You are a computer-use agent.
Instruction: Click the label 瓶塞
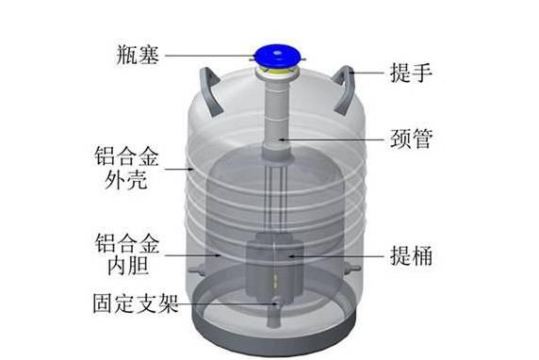click(138, 55)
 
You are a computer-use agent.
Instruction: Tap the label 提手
click(411, 73)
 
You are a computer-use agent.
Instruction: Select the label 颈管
click(411, 139)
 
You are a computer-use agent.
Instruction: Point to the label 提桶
click(411, 255)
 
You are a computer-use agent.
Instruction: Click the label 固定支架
click(136, 303)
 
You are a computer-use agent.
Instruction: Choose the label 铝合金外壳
click(126, 168)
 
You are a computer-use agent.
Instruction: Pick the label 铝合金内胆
click(127, 254)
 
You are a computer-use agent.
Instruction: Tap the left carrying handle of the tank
click(211, 90)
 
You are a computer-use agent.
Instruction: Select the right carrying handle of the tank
click(344, 90)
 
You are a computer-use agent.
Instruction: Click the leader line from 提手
click(367, 73)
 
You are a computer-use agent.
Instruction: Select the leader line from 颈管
click(332, 139)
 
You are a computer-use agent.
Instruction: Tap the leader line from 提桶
click(337, 256)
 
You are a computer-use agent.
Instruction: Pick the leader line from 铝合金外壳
click(179, 169)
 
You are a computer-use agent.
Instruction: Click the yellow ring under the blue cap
click(277, 72)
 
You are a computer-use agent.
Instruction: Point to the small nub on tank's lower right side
click(353, 267)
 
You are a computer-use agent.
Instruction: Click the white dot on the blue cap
click(277, 53)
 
